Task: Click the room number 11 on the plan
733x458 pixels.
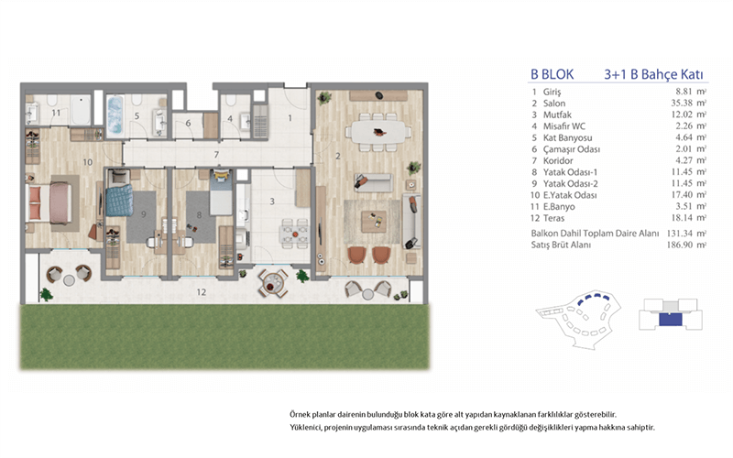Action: point(56,113)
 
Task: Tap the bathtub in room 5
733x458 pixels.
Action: point(115,115)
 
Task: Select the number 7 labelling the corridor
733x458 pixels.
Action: point(216,154)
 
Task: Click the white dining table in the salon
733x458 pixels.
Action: point(379,132)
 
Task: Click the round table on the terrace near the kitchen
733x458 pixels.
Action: point(273,283)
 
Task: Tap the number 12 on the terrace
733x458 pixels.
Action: point(201,292)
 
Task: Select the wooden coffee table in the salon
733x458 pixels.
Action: point(374,222)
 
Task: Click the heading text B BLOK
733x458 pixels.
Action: point(552,74)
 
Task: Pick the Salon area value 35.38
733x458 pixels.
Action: point(682,104)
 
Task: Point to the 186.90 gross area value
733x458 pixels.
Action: point(679,245)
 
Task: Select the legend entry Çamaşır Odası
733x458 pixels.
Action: point(571,149)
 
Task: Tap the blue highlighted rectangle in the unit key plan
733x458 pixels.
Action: point(671,320)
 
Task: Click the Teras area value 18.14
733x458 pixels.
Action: point(682,218)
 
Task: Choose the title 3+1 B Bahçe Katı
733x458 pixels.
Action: point(653,75)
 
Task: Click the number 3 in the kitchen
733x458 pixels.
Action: point(272,202)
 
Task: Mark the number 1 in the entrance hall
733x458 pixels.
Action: point(290,118)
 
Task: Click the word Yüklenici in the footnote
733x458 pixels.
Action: point(305,428)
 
